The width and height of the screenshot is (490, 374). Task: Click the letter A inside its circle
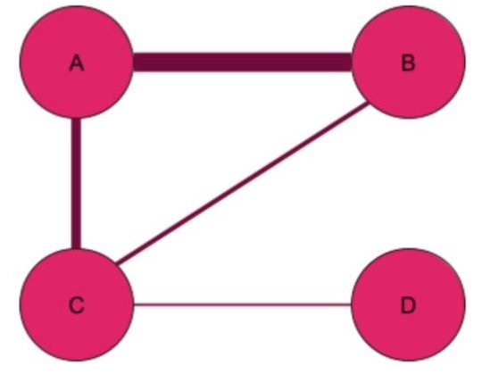[77, 62]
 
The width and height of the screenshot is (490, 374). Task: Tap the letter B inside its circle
[408, 62]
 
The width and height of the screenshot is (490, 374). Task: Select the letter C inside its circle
[77, 305]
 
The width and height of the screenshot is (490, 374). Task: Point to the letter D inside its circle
[408, 305]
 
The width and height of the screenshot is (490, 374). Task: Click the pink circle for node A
[77, 62]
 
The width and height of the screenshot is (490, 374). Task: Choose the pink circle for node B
[409, 62]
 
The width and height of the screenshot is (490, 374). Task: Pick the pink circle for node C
[77, 304]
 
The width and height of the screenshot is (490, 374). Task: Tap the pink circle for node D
[409, 304]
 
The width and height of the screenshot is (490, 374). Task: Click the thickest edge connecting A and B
[243, 62]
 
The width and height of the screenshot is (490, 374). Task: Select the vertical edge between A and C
[76, 184]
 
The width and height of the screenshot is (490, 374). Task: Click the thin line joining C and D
[243, 304]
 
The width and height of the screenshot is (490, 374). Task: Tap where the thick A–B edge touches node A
[134, 62]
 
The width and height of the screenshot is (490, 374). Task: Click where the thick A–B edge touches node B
[353, 62]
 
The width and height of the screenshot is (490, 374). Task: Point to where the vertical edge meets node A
[76, 119]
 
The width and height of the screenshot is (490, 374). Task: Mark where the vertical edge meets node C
[76, 249]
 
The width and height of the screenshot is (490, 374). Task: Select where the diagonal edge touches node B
[369, 104]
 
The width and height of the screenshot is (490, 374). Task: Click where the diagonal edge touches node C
[116, 263]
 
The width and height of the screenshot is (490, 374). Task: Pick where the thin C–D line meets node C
[134, 304]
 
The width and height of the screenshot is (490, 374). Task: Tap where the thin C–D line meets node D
[353, 304]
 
